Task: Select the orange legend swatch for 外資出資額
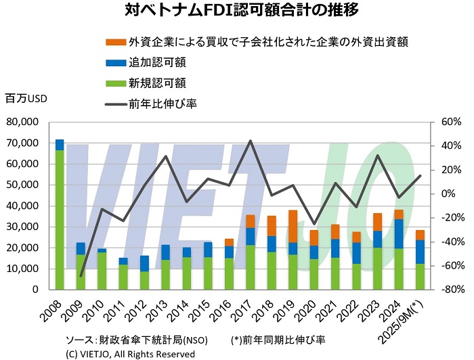(116, 43)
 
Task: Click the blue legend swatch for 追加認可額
(116, 63)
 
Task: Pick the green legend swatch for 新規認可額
(116, 83)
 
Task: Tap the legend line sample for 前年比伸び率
(116, 104)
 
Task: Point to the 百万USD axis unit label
(26, 99)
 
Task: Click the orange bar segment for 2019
(293, 226)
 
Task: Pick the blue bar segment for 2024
(399, 234)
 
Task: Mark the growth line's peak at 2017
(251, 141)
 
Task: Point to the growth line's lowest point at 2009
(81, 276)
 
